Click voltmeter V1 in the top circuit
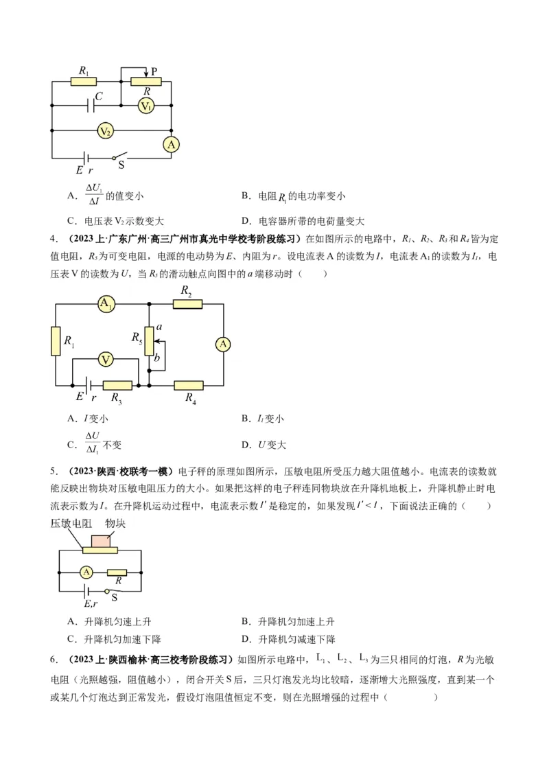pos(145,106)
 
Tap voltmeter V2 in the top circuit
pos(104,130)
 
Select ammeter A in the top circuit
pos(171,144)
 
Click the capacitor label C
pos(99,97)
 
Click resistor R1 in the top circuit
pos(84,81)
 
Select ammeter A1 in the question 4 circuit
pos(106,304)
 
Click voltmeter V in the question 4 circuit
pos(105,359)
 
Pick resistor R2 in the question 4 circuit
pos(187,304)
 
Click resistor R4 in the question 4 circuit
pos(188,386)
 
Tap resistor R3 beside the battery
pos(117,386)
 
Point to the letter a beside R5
pos(159,328)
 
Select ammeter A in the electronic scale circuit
pos(86,572)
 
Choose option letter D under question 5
pos(245,639)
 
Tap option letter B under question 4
pos(245,419)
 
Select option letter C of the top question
pos(71,221)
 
